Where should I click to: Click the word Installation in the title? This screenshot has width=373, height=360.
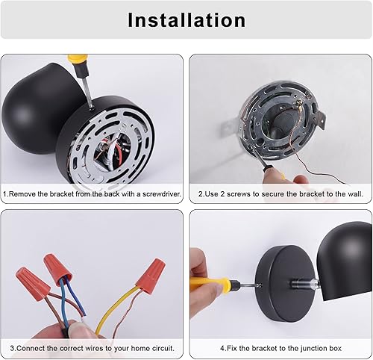coord(186,20)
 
